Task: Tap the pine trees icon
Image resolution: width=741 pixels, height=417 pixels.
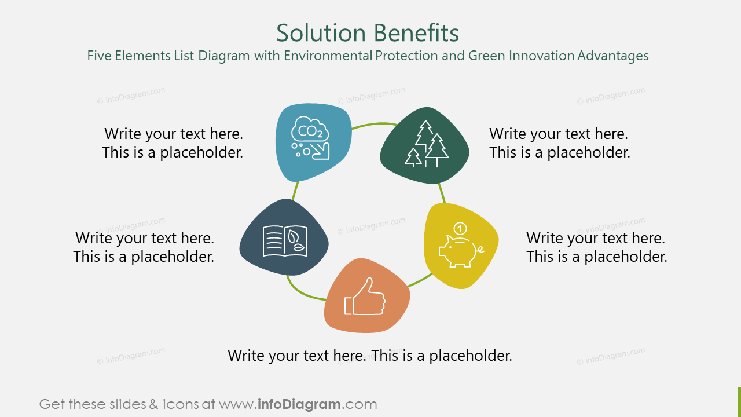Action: coord(426,145)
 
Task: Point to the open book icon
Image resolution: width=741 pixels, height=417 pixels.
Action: coord(285,241)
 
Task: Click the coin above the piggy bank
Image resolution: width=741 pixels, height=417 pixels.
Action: coord(460,227)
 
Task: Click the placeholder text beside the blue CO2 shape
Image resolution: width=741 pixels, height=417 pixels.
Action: coord(173,143)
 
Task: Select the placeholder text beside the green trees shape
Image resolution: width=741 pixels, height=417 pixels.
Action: coord(559,143)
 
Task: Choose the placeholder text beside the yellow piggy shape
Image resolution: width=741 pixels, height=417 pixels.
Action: coord(596,247)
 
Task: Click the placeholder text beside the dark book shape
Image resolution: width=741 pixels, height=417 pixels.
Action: coord(144,247)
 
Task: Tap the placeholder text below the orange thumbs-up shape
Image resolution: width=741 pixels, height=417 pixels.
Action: coord(370,356)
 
